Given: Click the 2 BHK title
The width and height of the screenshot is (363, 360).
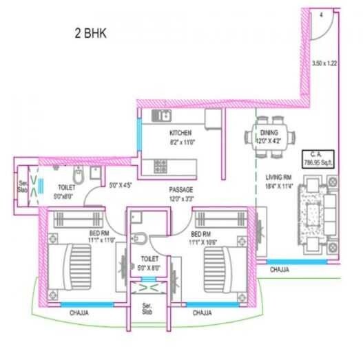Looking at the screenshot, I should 92,32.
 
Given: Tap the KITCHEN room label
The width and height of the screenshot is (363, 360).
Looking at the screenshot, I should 181,132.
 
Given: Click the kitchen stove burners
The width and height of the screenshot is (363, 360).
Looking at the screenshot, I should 160,166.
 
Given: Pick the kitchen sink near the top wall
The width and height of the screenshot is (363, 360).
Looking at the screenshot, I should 162,115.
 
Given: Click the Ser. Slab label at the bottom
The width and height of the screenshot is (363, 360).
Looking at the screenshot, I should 147,307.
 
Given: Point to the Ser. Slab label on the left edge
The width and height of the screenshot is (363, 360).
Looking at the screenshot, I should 21,185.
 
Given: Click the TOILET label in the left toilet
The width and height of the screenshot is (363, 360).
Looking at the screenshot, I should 66,187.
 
